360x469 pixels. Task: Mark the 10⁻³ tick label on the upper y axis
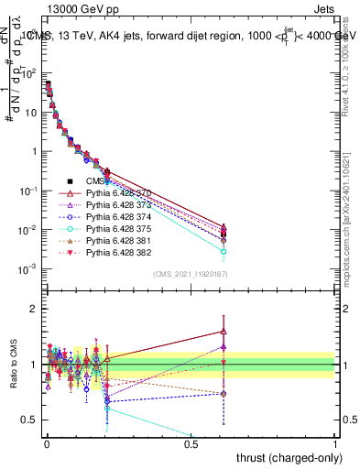[27, 268]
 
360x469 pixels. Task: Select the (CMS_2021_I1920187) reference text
[191, 273]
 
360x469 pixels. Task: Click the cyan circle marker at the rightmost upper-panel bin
[224, 251]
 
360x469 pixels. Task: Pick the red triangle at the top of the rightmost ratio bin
[224, 332]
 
